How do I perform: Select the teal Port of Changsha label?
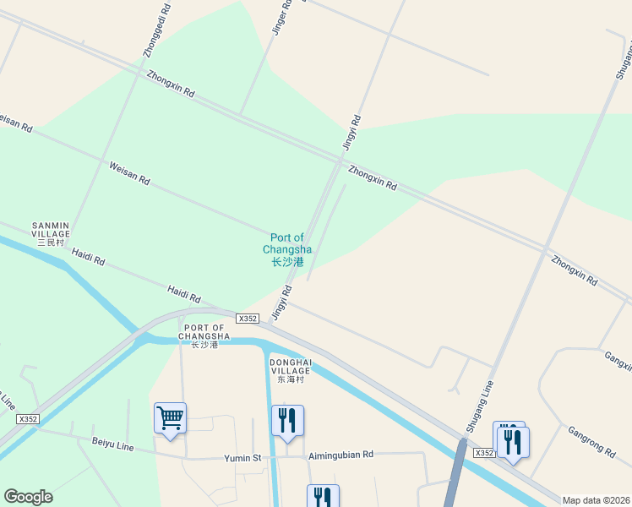(x=287, y=250)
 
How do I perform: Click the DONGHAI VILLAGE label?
(x=291, y=369)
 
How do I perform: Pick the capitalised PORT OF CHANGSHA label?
(x=204, y=335)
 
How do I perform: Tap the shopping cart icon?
(x=170, y=417)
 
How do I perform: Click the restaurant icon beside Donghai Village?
(x=287, y=420)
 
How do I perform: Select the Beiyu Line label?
(x=113, y=444)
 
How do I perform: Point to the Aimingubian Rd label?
(x=341, y=455)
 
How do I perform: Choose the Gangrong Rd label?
(x=591, y=439)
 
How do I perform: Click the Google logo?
(x=28, y=497)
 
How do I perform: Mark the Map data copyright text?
(x=596, y=500)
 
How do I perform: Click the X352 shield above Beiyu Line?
(x=28, y=419)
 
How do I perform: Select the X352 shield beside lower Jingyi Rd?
(x=248, y=319)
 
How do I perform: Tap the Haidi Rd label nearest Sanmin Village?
(x=88, y=256)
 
